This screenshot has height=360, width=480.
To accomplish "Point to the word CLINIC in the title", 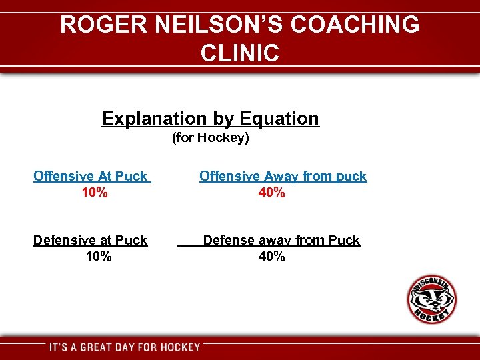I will (239, 53).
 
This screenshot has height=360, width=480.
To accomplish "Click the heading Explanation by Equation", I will (211, 119).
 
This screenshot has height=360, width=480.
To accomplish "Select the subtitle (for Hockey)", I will (210, 138).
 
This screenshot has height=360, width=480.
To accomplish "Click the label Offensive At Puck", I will (90, 176).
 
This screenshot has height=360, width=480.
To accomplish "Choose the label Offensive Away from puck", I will (283, 176).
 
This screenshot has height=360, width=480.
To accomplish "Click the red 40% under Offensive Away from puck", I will (272, 193).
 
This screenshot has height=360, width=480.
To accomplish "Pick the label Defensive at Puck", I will (90, 240).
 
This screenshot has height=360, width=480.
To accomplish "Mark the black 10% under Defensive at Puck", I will (99, 257).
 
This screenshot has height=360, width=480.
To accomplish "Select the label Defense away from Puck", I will (281, 240).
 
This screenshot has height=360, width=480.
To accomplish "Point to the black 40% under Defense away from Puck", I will (272, 257).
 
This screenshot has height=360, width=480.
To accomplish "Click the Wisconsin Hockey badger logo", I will (432, 299).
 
